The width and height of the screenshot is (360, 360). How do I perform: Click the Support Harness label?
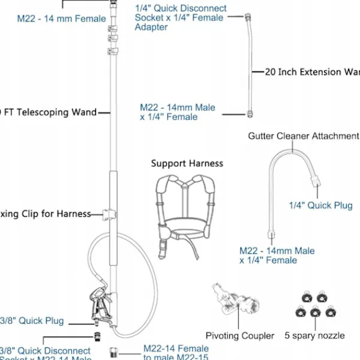tap(187, 163)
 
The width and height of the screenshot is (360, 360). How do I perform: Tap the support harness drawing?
tap(186, 210)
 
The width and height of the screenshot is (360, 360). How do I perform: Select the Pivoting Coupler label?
tap(239, 335)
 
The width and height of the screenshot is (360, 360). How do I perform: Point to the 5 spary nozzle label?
tap(315, 335)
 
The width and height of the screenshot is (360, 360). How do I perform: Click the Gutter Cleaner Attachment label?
tap(303, 136)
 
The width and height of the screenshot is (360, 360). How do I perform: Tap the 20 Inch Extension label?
tap(312, 72)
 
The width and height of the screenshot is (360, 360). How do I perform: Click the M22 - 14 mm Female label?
tap(61, 18)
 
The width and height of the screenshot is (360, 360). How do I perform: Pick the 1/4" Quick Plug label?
tap(320, 206)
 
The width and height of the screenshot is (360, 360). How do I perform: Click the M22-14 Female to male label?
tap(176, 353)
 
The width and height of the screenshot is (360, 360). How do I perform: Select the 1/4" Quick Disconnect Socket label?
tap(180, 17)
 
